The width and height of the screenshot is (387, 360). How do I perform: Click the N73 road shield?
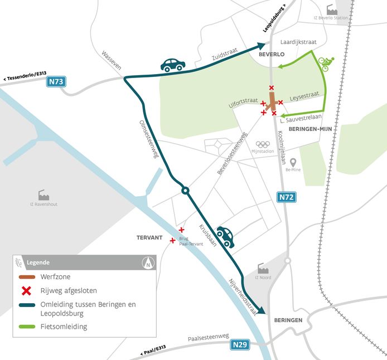56,82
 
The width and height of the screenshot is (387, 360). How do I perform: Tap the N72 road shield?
284,196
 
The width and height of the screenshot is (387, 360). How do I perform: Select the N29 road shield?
239,345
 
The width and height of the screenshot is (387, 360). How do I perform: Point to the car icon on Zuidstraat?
173,65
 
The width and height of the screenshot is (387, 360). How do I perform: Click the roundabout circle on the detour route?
185,191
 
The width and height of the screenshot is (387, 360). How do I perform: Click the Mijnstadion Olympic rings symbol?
263,144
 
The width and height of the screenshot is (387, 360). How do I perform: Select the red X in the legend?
26,290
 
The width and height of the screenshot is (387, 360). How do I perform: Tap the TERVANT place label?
149,237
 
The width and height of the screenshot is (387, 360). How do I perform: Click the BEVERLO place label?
272,55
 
